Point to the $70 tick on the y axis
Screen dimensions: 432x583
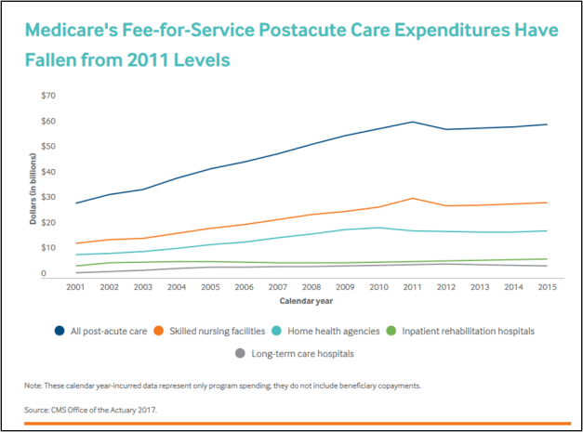point(49,96)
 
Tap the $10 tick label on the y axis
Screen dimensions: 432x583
point(49,248)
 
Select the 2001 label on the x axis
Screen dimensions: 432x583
point(77,288)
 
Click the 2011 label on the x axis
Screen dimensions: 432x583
point(411,288)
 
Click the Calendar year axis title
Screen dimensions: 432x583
point(310,301)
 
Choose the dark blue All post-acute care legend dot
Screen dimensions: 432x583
point(60,331)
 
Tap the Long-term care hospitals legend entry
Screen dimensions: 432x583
point(297,353)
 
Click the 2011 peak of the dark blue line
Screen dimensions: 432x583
point(411,122)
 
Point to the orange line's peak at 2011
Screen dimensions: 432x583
point(411,198)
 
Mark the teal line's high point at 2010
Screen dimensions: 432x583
point(378,228)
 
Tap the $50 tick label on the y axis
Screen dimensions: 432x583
point(49,147)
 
